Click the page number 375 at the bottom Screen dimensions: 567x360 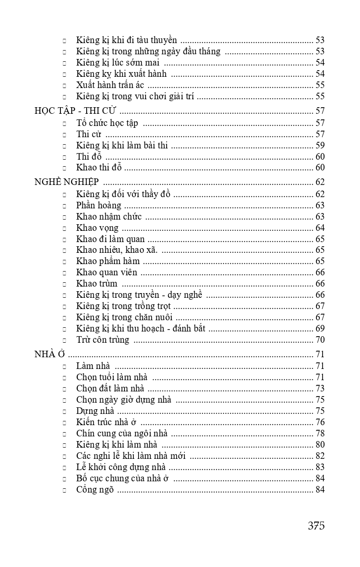point(316,525)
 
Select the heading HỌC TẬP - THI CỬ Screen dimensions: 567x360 point(75,111)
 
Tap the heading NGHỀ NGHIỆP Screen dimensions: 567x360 point(66,183)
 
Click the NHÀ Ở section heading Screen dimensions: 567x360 point(49,354)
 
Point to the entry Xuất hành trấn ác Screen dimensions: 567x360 point(110,85)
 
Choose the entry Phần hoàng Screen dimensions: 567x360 point(99,206)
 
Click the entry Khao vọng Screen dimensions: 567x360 point(97,228)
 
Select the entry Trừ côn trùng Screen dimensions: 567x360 point(103,340)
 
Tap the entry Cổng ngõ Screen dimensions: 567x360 point(95,490)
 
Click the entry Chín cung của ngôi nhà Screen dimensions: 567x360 point(122,434)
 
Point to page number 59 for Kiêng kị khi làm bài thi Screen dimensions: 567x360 point(320,145)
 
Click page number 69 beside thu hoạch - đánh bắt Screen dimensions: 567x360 point(320,329)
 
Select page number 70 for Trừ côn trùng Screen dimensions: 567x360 point(320,340)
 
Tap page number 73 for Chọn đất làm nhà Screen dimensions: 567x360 point(320,389)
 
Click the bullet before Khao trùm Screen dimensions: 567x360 point(64,284)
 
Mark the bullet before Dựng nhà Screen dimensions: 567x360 point(64,412)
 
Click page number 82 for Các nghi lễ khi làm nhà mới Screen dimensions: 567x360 point(320,456)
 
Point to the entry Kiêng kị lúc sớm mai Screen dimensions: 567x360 point(118,63)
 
